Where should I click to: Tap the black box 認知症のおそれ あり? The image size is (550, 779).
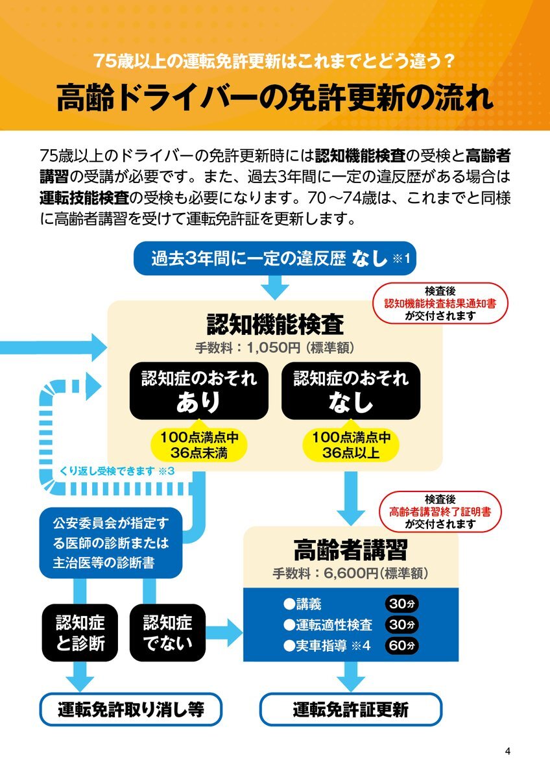click(198, 391)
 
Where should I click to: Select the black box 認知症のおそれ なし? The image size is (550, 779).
click(351, 391)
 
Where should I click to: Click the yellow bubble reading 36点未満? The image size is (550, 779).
click(198, 445)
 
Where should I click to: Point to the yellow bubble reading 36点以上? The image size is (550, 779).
click(351, 445)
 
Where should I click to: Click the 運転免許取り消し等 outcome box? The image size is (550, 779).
click(130, 710)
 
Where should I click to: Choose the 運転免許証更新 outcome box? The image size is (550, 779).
click(351, 710)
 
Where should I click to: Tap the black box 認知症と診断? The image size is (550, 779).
click(80, 633)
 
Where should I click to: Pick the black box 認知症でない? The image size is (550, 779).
click(167, 633)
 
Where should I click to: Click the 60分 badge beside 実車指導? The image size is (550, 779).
click(401, 645)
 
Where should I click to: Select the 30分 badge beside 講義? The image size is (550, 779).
click(401, 604)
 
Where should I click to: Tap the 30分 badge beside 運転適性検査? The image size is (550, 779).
click(401, 624)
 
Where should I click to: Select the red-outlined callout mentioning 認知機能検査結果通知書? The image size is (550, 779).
click(440, 303)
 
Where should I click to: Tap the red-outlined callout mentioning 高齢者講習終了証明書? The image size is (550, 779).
click(440, 512)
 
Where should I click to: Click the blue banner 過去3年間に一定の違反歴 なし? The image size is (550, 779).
click(275, 258)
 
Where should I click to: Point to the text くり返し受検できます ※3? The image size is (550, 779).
click(117, 471)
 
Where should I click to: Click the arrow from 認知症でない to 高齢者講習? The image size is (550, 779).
click(224, 632)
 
